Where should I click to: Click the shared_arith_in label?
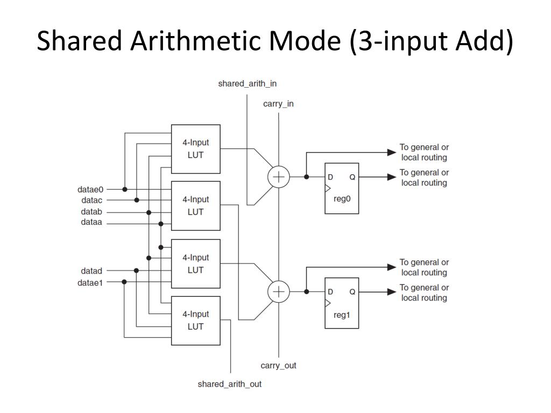point(247,84)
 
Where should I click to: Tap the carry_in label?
point(278,104)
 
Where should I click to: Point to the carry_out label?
point(278,366)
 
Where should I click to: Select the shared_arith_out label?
point(229,384)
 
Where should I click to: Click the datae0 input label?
point(90,189)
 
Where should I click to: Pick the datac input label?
point(91,201)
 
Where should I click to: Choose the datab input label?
point(91,212)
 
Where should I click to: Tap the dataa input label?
point(91,222)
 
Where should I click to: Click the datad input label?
point(91,270)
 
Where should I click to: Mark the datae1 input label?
point(90,282)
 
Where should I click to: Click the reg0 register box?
point(342,188)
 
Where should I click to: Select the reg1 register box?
point(342,303)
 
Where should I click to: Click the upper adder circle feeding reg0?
point(279,177)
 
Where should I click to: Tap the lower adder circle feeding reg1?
point(279,291)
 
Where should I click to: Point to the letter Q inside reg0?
point(352,177)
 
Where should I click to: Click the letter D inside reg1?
point(330,291)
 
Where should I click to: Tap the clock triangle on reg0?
point(327,189)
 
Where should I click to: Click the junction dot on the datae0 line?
point(125,189)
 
